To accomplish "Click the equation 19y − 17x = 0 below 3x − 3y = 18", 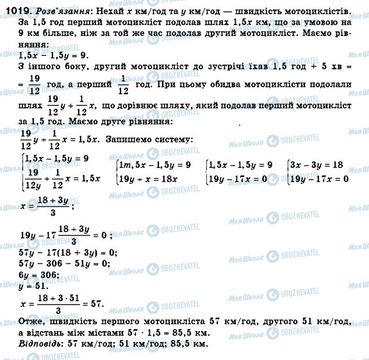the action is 318,179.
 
